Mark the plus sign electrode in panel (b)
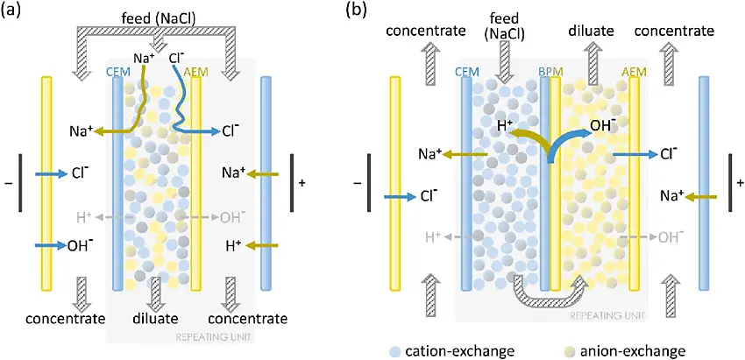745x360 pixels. click(740, 183)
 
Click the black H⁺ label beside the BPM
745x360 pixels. click(505, 127)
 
